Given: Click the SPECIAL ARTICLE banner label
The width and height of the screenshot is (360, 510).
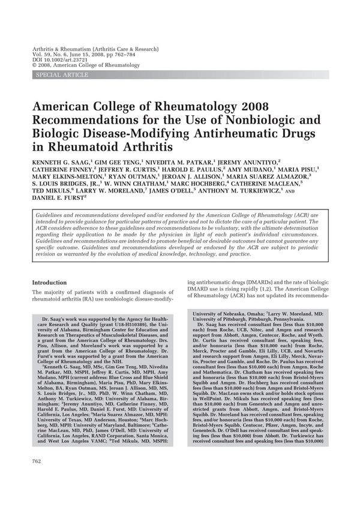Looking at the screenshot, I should pos(62,74).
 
